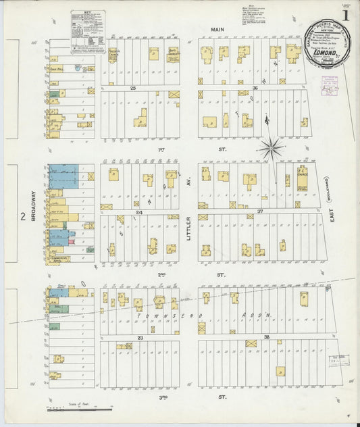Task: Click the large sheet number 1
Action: pyautogui.click(x=345, y=14)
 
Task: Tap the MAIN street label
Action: pyautogui.click(x=216, y=30)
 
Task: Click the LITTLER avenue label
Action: pyautogui.click(x=190, y=226)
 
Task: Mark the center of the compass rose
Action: pyautogui.click(x=271, y=146)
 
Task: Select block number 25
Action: pyautogui.click(x=133, y=89)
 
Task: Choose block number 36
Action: pyautogui.click(x=255, y=89)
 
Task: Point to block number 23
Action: pyautogui.click(x=140, y=337)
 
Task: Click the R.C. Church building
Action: pyautogui.click(x=302, y=178)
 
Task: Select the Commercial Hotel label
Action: pyautogui.click(x=59, y=259)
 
